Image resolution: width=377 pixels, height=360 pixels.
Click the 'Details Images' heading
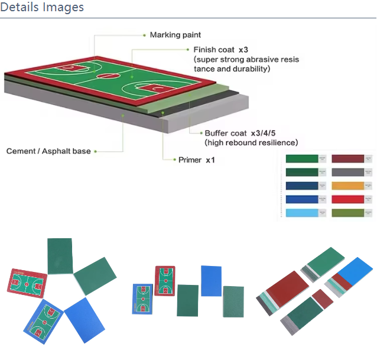coord(43,8)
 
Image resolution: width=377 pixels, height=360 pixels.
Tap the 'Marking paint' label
coord(175,35)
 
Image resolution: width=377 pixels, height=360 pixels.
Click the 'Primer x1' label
coord(196,160)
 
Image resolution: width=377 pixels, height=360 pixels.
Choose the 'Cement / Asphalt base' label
coord(48,151)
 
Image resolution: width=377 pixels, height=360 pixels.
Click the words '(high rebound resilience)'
coord(251,142)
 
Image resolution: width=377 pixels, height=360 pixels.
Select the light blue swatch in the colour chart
coord(301,213)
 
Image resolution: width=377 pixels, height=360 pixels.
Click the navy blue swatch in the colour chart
coord(301,186)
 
